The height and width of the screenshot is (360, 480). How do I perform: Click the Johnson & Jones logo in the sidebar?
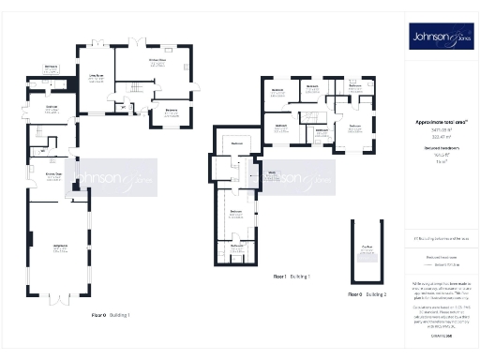click(x=441, y=37)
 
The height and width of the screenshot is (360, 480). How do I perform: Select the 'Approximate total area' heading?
click(x=441, y=122)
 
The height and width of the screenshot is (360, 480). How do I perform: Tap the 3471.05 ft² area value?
click(x=441, y=130)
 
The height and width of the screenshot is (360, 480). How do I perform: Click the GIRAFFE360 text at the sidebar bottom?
click(x=441, y=336)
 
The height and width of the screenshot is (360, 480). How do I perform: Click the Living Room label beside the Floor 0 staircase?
click(x=95, y=79)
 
